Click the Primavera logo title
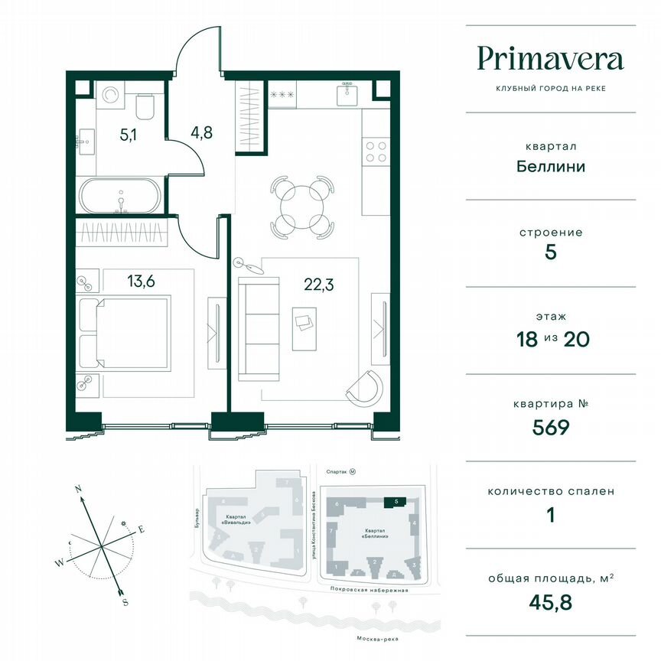(550, 59)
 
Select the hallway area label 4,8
(201, 130)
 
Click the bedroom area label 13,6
(141, 281)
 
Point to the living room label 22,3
(318, 286)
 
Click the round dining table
(303, 204)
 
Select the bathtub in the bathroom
(120, 197)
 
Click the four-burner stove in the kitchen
(376, 151)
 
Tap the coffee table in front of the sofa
(304, 324)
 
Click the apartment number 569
(550, 427)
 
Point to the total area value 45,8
(550, 601)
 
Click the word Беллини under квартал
(550, 166)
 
